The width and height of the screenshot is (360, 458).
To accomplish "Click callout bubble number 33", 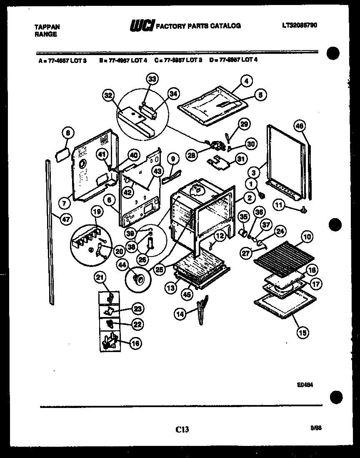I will click(x=152, y=79).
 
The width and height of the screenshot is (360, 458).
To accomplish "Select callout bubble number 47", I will click(x=66, y=219).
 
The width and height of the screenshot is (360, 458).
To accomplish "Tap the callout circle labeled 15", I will click(x=303, y=332).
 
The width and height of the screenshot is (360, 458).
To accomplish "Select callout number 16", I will click(x=135, y=343).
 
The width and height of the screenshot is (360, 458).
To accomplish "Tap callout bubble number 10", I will click(x=307, y=237).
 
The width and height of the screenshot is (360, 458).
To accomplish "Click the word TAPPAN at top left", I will click(x=47, y=27).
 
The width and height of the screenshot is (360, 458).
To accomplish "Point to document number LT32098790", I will click(x=299, y=25).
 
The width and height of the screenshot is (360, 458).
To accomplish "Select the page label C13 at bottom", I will click(x=182, y=428).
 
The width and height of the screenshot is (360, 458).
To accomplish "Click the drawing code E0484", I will click(x=305, y=386).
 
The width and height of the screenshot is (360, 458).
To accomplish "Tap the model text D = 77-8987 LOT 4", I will click(x=234, y=60).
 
